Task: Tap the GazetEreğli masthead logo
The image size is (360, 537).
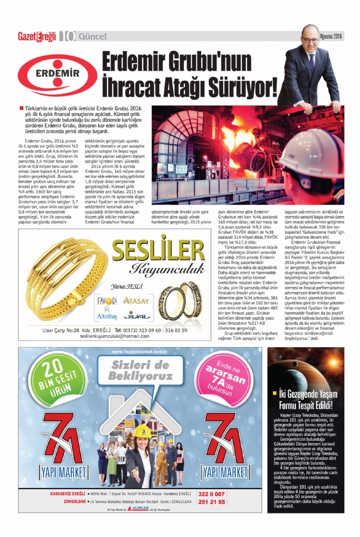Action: coord(36,36)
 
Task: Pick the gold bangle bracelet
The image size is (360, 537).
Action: coord(65,277)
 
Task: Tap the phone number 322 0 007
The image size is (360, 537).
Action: coord(214,494)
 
